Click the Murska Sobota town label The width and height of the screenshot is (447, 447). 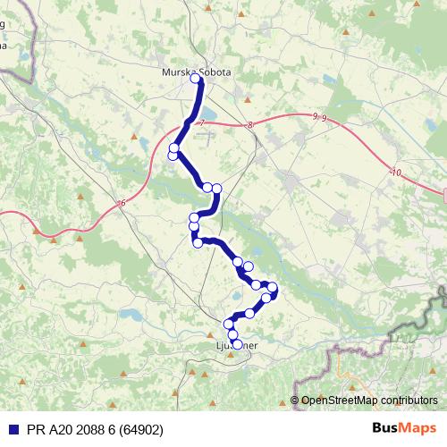(x=196, y=72)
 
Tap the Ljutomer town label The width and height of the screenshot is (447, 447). (x=237, y=344)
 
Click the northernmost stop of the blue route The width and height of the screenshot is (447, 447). (x=197, y=80)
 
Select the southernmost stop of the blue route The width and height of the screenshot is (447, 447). (x=236, y=342)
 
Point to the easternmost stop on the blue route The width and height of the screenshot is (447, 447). (x=273, y=289)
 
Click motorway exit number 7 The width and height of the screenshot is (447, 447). (x=203, y=122)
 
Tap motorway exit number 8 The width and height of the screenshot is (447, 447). (x=251, y=125)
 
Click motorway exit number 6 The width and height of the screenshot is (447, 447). (x=122, y=204)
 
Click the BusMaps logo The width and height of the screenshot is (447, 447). (x=404, y=428)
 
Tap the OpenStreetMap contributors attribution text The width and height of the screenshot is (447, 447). (x=369, y=401)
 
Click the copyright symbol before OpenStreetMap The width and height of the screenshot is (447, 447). (x=295, y=401)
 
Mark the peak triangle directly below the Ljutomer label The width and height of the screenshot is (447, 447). (x=232, y=355)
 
